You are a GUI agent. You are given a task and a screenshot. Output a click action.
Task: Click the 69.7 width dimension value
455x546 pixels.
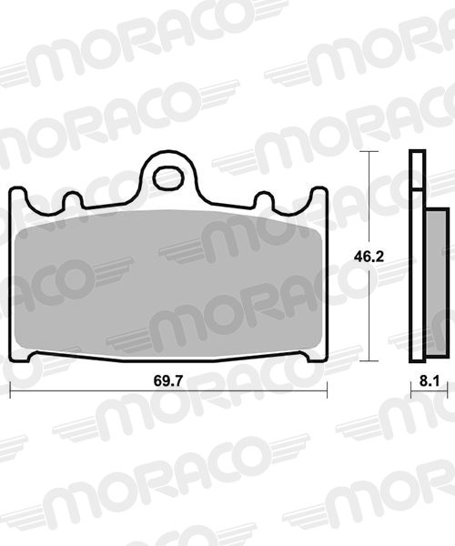[x=167, y=380]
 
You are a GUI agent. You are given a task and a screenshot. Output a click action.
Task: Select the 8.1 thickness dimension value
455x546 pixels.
[x=430, y=381]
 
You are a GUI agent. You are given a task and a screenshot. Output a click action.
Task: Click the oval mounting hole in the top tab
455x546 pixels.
[x=169, y=178]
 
